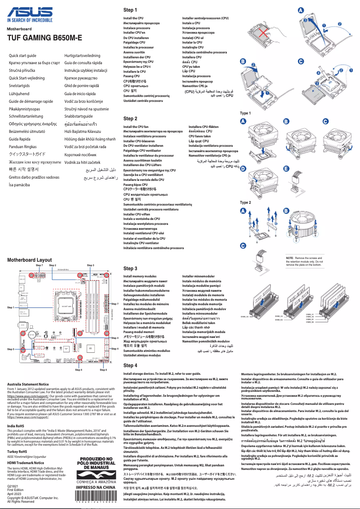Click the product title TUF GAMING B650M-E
44,38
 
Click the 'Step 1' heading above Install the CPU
130,10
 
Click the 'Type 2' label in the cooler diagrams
246,202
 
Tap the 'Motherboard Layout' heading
30,260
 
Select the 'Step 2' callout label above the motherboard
65,265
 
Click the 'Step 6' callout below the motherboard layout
103,370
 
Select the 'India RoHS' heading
16,426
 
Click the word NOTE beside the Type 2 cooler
290,258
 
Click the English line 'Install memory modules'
140,276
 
